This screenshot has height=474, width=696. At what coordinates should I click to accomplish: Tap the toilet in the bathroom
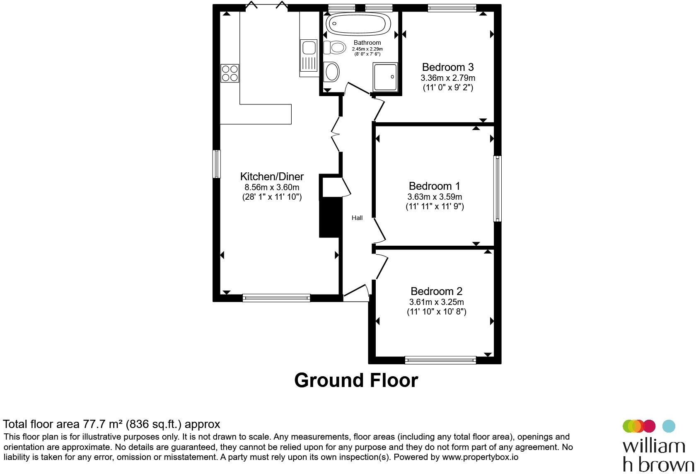pyautogui.click(x=335, y=48)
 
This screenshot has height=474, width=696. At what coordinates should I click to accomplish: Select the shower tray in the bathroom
pyautogui.click(x=385, y=77)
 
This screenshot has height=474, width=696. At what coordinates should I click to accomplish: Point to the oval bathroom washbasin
pyautogui.click(x=331, y=72)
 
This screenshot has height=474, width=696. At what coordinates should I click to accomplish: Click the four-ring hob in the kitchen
pyautogui.click(x=230, y=73)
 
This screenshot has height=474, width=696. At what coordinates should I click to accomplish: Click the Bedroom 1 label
pyautogui.click(x=434, y=186)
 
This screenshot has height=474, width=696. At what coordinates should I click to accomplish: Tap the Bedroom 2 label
pyautogui.click(x=436, y=291)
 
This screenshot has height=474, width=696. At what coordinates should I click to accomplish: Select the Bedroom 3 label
pyautogui.click(x=448, y=67)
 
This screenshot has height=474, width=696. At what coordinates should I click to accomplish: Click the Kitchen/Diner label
pyautogui.click(x=272, y=177)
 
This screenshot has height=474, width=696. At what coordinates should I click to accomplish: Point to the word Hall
pyautogui.click(x=357, y=218)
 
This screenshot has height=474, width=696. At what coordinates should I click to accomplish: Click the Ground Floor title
pyautogui.click(x=356, y=380)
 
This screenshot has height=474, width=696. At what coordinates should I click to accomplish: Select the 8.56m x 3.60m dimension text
pyautogui.click(x=272, y=187)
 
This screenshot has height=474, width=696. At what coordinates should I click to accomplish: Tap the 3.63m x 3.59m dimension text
pyautogui.click(x=434, y=197)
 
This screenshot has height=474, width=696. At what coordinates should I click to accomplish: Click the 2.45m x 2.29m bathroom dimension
pyautogui.click(x=367, y=49)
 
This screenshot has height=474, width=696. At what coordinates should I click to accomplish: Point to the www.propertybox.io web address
pyautogui.click(x=480, y=457)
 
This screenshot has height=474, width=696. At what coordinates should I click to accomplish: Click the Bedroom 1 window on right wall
pyautogui.click(x=498, y=189)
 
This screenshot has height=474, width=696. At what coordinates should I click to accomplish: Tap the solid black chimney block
pyautogui.click(x=331, y=218)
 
